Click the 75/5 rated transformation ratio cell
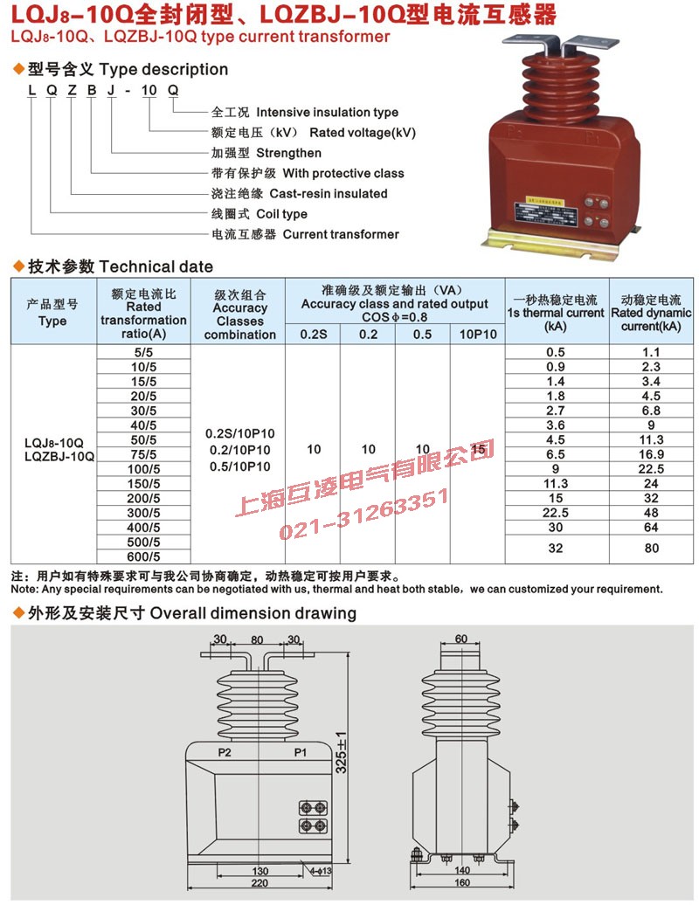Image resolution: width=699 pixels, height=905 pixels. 143,454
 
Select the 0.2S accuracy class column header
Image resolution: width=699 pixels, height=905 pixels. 313,334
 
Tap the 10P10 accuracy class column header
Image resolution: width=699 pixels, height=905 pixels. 477,334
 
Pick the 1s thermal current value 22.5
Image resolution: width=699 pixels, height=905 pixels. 555,513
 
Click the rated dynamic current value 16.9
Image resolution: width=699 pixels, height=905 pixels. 651,454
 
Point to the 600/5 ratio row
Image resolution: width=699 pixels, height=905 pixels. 143,556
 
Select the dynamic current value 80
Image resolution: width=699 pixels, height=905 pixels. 651,549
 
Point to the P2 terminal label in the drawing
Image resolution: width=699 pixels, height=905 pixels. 225,751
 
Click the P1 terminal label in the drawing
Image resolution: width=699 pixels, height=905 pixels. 299,751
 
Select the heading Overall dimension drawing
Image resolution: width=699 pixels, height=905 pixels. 253,613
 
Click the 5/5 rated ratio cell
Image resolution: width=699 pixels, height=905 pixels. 143,351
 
